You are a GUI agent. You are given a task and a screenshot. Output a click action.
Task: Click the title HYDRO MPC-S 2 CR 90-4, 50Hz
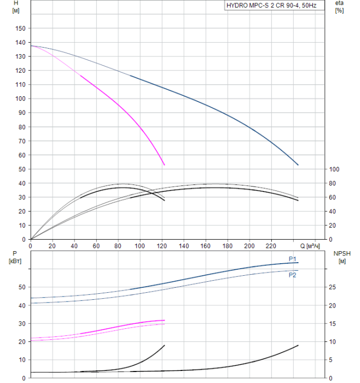(286, 6)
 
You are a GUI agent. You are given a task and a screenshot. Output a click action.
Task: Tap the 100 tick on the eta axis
(335, 169)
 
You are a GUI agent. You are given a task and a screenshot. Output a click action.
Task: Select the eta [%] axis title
(339, 7)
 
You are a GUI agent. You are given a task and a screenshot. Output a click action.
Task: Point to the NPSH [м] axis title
(340, 258)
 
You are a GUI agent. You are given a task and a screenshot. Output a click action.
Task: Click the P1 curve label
(293, 259)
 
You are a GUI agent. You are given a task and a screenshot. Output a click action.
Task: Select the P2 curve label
(293, 275)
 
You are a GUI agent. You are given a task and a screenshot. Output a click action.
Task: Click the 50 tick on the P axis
(22, 287)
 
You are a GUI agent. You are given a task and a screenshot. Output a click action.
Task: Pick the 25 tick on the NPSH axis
(335, 287)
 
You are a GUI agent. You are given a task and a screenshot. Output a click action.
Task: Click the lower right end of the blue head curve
(298, 165)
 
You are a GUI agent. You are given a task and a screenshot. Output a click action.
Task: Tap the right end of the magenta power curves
(164, 321)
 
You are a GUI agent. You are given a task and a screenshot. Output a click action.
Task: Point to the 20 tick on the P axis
(22, 341)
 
